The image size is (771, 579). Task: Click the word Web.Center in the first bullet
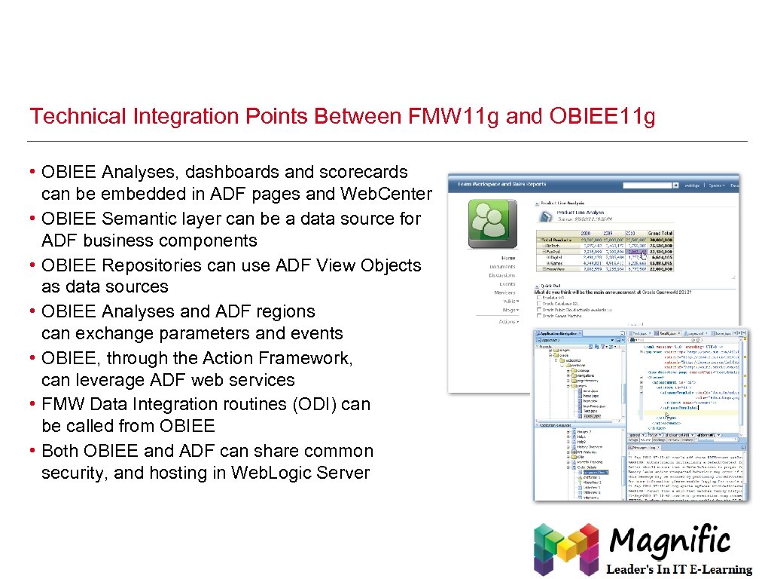pos(386,194)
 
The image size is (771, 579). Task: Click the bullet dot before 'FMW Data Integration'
pos(34,404)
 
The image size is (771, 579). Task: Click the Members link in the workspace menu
pos(504,293)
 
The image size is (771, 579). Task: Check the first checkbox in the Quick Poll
pos(538,298)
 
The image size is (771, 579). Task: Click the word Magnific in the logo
pos(669,541)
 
